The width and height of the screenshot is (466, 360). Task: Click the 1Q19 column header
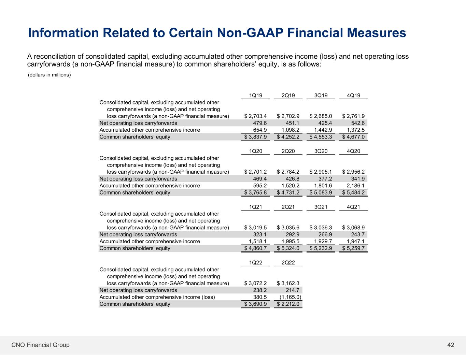click(x=255, y=95)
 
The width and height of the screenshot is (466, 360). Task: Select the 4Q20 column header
click(x=353, y=151)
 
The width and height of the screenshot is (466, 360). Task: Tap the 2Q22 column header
click(x=288, y=262)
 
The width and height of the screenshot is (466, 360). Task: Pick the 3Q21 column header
click(x=321, y=207)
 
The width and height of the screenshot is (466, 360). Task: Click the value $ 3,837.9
click(x=255, y=137)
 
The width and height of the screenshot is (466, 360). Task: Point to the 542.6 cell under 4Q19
click(x=358, y=123)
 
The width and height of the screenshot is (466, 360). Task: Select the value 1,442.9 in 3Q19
click(x=323, y=130)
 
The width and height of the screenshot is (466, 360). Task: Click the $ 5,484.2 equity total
click(x=353, y=192)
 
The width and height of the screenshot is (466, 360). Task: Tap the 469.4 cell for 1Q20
click(x=260, y=179)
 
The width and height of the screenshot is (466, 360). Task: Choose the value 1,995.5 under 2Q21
click(x=291, y=241)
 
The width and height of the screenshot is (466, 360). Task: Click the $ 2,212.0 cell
click(x=288, y=304)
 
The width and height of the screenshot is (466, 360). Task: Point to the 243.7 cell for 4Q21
click(x=358, y=234)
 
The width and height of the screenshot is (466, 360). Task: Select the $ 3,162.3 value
click(x=288, y=283)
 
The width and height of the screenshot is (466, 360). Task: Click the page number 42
click(x=451, y=345)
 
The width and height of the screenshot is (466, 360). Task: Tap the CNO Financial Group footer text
click(x=40, y=345)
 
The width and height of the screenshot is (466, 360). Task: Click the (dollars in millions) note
click(x=49, y=75)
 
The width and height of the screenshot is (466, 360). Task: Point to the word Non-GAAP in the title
click(x=250, y=33)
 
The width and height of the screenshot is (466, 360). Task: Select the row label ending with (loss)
click(x=157, y=297)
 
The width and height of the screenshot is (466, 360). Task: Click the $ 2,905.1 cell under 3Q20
click(x=321, y=172)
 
